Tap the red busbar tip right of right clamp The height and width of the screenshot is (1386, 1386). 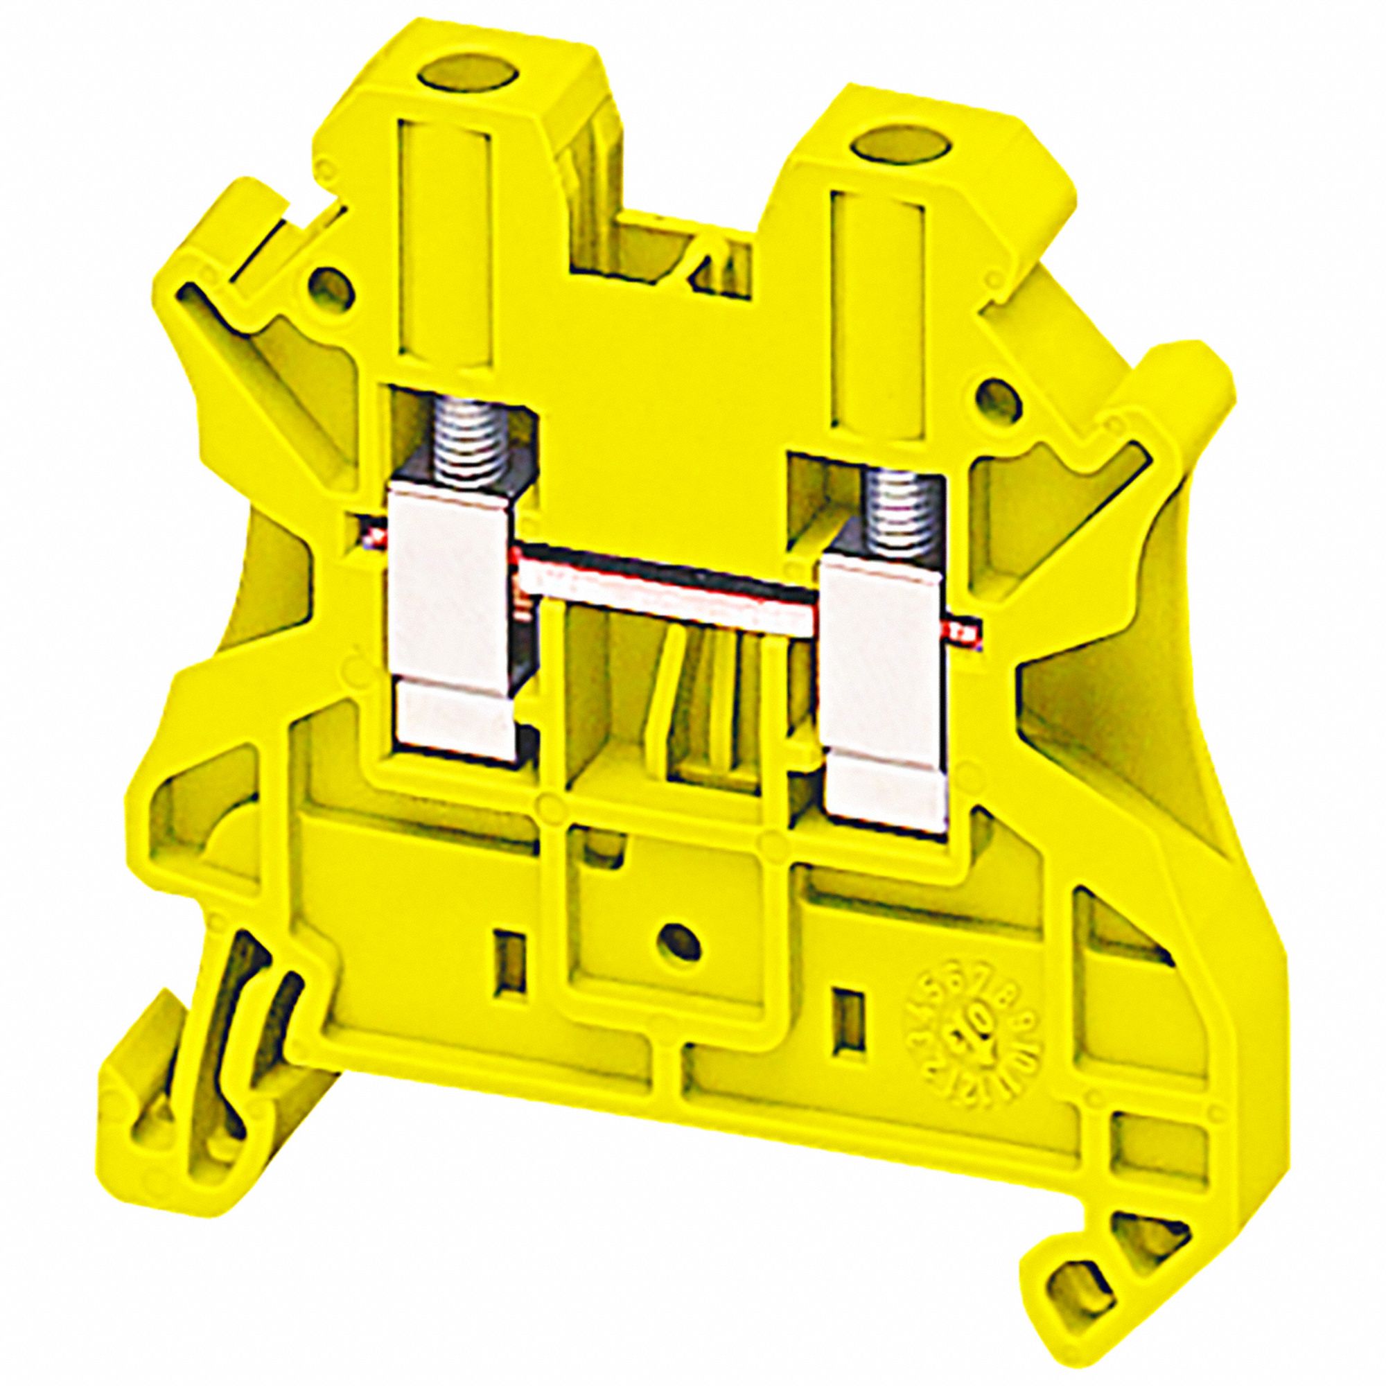970,631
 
